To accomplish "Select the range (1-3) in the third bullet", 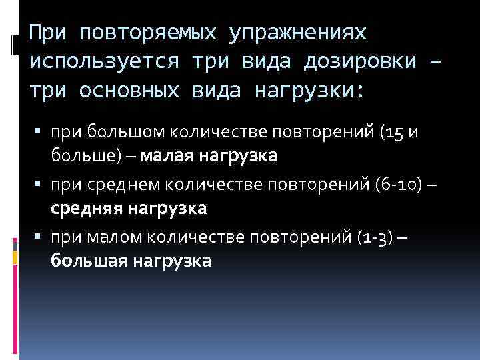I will pyautogui.click(x=374, y=235).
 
